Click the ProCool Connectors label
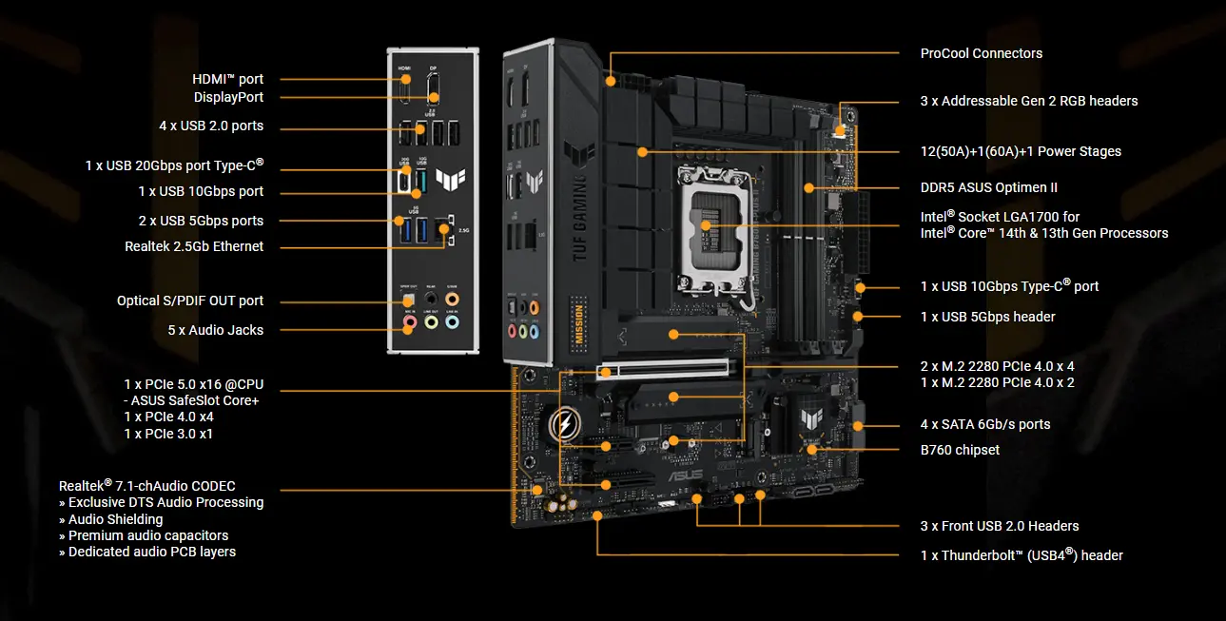[982, 53]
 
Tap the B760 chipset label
[960, 450]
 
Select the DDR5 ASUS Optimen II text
[988, 187]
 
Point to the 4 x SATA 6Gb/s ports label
[985, 424]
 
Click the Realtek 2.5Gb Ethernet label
[194, 246]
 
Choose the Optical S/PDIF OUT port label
[190, 301]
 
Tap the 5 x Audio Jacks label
[216, 330]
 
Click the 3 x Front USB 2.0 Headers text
[1000, 526]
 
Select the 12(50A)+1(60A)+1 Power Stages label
[1021, 151]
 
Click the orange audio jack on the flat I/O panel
[452, 300]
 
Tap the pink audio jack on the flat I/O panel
[410, 322]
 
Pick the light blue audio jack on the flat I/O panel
[452, 322]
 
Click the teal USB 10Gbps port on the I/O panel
[421, 181]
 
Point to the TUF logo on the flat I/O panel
[451, 179]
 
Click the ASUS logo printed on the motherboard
[685, 475]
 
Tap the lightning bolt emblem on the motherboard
[565, 424]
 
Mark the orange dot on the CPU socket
[706, 225]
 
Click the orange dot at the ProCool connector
[611, 82]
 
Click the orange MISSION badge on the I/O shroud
[579, 322]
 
